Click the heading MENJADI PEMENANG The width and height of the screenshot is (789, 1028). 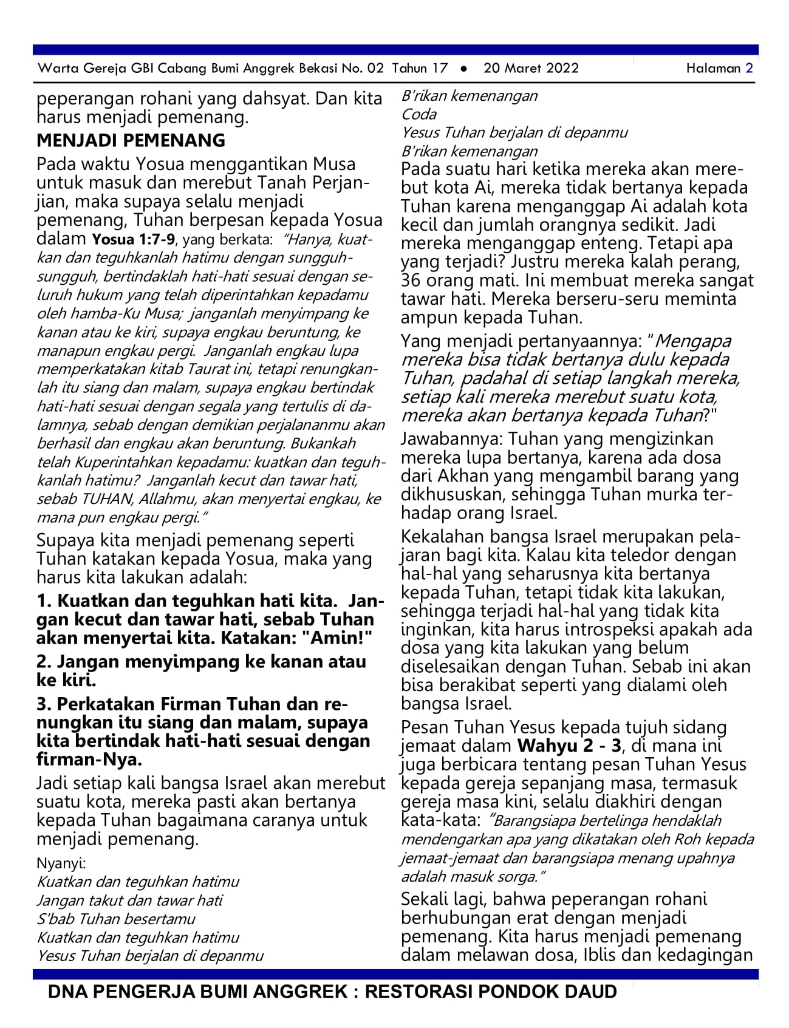coord(131,140)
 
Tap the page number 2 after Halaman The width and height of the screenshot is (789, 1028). coord(750,68)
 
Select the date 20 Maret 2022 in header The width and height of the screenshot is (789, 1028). coord(531,68)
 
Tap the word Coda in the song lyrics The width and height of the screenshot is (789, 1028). coord(418,114)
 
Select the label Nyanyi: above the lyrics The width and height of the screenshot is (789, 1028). coord(61,863)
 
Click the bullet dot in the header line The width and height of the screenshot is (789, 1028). coord(464,69)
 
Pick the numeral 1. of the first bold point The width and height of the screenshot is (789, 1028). coord(44,601)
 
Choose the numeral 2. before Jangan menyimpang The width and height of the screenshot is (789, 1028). coord(44,662)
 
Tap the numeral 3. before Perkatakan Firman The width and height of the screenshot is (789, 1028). coord(44,704)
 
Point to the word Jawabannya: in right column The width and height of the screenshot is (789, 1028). coord(451,439)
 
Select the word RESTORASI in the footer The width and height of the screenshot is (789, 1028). coord(418,992)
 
